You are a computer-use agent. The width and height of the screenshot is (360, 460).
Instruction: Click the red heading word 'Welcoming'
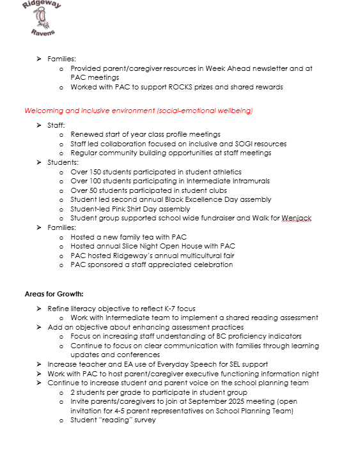click(43, 111)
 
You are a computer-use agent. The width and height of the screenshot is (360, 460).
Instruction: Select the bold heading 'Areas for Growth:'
click(54, 294)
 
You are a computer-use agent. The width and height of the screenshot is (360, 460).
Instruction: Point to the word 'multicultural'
click(194, 255)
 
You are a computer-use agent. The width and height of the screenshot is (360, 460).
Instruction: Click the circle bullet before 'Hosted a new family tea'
click(61, 237)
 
